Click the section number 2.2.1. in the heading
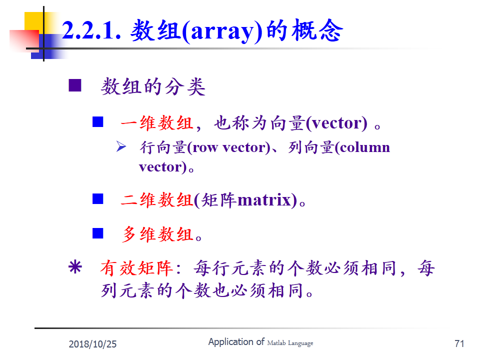click(x=91, y=30)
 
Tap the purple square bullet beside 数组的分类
click(x=75, y=85)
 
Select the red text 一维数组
click(x=156, y=123)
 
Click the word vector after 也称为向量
click(x=336, y=123)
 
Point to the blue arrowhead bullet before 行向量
click(x=121, y=146)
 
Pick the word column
click(x=364, y=147)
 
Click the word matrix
click(x=264, y=200)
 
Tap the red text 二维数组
click(x=156, y=200)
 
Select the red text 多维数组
click(x=157, y=234)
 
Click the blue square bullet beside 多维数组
click(x=98, y=233)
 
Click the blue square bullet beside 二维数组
click(x=98, y=198)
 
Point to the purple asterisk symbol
click(x=75, y=266)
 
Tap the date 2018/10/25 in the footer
click(x=93, y=344)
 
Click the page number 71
click(x=459, y=343)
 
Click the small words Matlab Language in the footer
click(x=290, y=343)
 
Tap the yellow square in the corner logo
click(x=33, y=21)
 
